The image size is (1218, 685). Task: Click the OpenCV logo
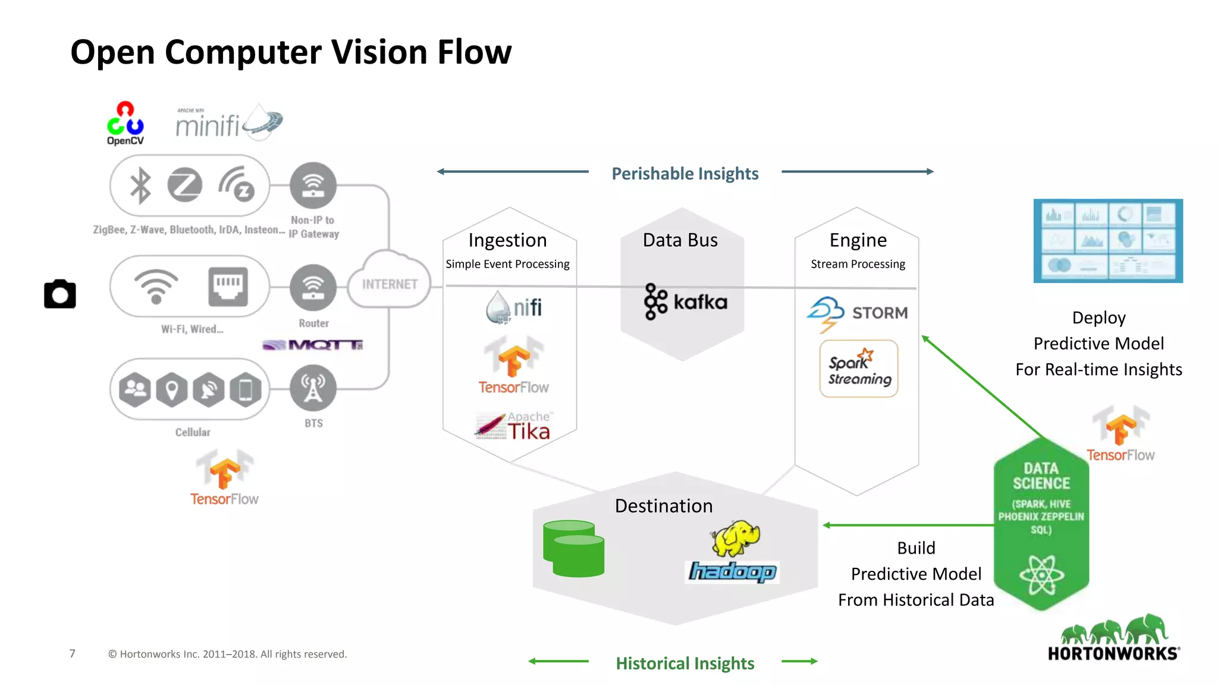coord(125,123)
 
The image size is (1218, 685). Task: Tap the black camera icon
coord(60,294)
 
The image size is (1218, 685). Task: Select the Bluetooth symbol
coord(140,186)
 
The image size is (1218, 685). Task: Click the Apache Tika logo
coord(513,426)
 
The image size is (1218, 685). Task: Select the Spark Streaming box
coord(859,369)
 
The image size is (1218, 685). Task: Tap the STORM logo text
coord(880,313)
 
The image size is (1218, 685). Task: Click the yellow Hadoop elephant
coord(736,537)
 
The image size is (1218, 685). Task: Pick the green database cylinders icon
coord(573,548)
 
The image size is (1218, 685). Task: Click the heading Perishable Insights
coord(685,174)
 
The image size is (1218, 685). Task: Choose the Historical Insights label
coord(685,663)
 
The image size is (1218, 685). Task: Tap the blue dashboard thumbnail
coord(1108,241)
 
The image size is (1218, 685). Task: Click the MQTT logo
coord(313,345)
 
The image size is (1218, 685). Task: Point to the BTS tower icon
coord(313,388)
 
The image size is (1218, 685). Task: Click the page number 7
coord(73,653)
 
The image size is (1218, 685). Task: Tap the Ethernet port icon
coord(228,287)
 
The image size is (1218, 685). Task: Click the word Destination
coord(664,506)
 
